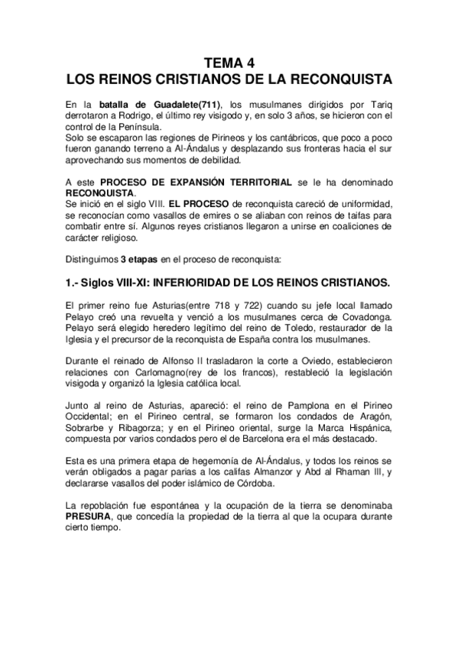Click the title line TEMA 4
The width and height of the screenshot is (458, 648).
229,63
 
